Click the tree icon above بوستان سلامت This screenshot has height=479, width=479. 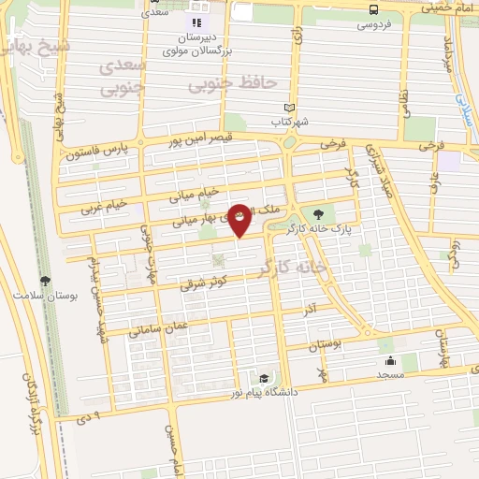[x=44, y=279]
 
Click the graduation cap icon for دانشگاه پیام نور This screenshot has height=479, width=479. [x=265, y=378]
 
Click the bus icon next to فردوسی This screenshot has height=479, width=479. [x=374, y=10]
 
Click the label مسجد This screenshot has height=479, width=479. [x=390, y=374]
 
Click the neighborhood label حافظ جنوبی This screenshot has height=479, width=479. [x=233, y=83]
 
